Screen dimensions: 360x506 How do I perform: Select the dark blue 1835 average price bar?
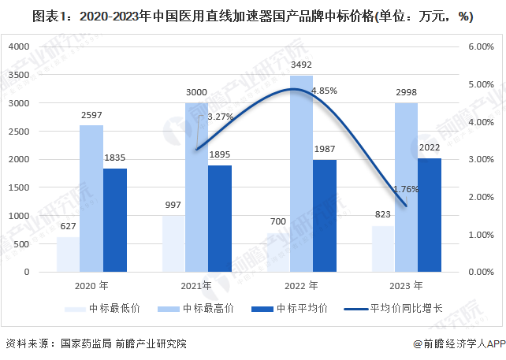click(x=115, y=220)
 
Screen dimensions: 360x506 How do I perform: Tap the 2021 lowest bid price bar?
click(x=172, y=243)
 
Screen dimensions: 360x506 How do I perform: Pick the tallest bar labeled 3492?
click(x=300, y=173)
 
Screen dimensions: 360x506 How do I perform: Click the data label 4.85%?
click(x=324, y=91)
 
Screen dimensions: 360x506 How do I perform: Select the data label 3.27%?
click(x=220, y=117)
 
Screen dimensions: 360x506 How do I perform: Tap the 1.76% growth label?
click(x=406, y=189)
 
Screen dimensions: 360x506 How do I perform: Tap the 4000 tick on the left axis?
click(x=17, y=47)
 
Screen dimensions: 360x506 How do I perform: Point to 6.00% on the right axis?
click(x=480, y=47)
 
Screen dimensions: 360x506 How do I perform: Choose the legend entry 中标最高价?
click(x=201, y=308)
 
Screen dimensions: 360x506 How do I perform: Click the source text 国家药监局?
click(x=81, y=343)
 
